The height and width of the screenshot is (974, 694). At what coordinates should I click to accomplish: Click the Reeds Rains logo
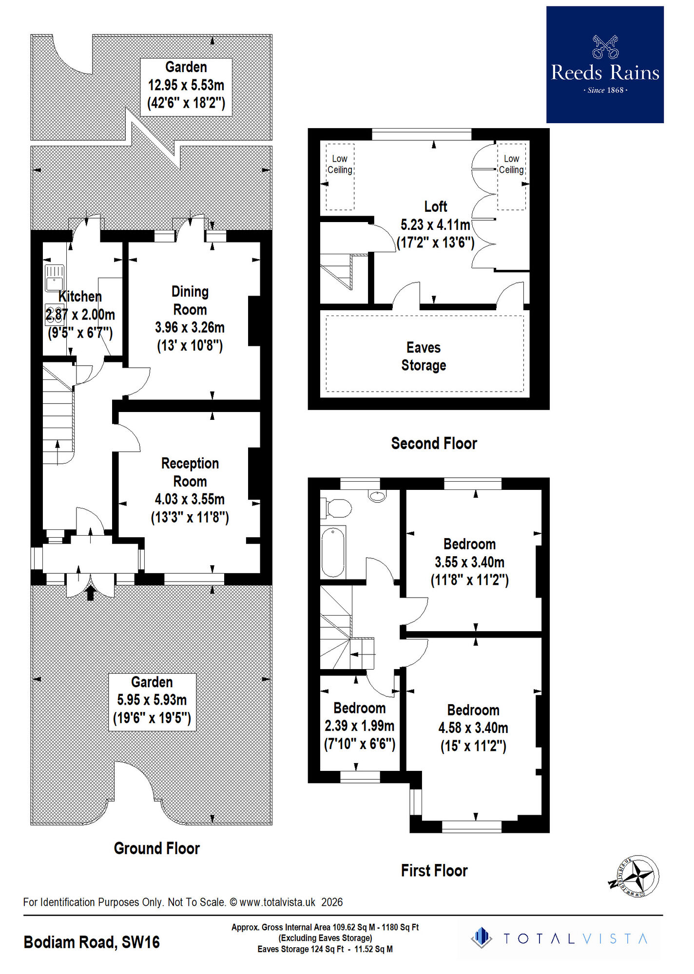(x=604, y=64)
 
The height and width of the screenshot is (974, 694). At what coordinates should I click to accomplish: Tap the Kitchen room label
(x=80, y=296)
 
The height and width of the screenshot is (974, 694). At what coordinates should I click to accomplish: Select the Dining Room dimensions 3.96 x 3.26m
(x=190, y=327)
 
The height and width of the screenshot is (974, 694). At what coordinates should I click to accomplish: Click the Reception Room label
(x=190, y=472)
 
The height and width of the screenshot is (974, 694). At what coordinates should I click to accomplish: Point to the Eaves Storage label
(x=424, y=356)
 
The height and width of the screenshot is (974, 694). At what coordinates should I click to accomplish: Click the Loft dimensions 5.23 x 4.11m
(x=435, y=225)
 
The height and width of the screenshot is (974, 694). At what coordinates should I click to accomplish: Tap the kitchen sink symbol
(x=54, y=278)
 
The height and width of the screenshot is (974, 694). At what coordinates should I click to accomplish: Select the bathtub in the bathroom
(x=333, y=552)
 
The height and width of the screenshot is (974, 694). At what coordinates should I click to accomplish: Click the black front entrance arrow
(x=90, y=593)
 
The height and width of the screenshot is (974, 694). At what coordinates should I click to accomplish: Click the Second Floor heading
(x=434, y=443)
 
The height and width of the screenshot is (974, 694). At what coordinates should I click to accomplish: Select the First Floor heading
(x=434, y=870)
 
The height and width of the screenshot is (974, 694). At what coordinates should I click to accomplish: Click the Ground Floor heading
(x=156, y=848)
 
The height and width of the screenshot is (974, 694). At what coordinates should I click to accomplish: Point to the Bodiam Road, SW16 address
(x=92, y=942)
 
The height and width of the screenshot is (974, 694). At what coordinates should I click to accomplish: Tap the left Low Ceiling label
(x=340, y=164)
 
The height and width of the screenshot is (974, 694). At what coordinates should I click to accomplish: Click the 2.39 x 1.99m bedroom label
(x=360, y=726)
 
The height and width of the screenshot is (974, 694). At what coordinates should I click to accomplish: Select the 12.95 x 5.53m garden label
(x=186, y=85)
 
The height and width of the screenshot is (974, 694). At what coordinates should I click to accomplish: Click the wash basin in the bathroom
(x=377, y=496)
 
